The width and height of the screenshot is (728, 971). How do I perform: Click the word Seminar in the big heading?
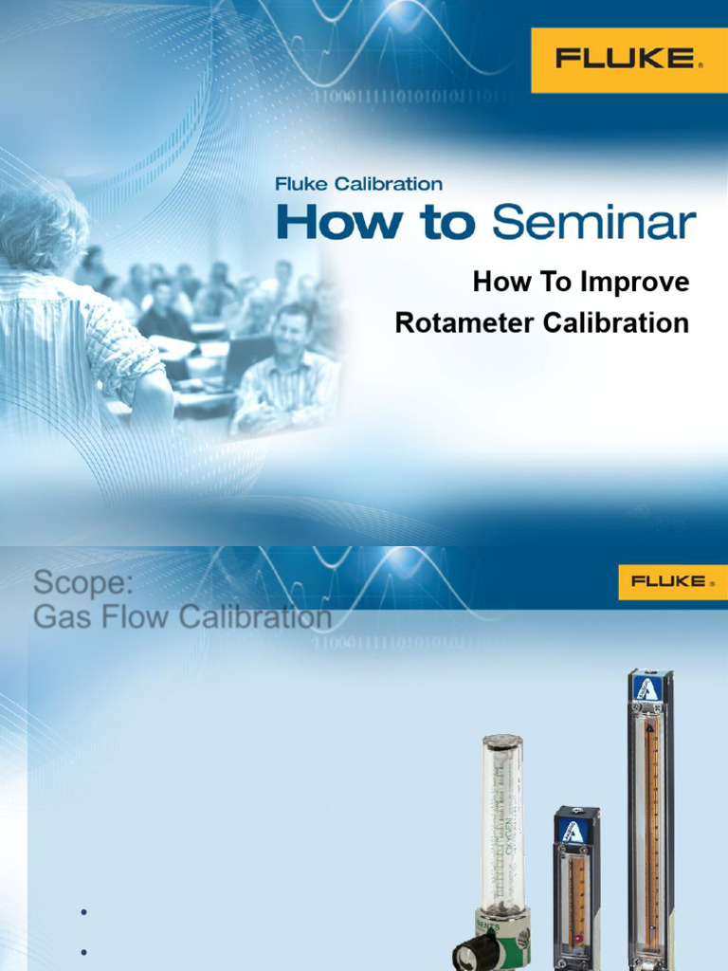click(x=594, y=224)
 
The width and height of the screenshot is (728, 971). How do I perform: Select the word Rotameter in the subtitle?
click(x=465, y=323)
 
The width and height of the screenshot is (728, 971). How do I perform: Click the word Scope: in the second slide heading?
click(x=83, y=581)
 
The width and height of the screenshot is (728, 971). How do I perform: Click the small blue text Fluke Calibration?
click(x=357, y=184)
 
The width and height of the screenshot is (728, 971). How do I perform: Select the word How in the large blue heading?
click(x=325, y=224)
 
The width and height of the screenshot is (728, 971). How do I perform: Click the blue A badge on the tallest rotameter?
click(x=649, y=688)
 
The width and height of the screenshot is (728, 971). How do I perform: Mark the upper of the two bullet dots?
click(x=84, y=912)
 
